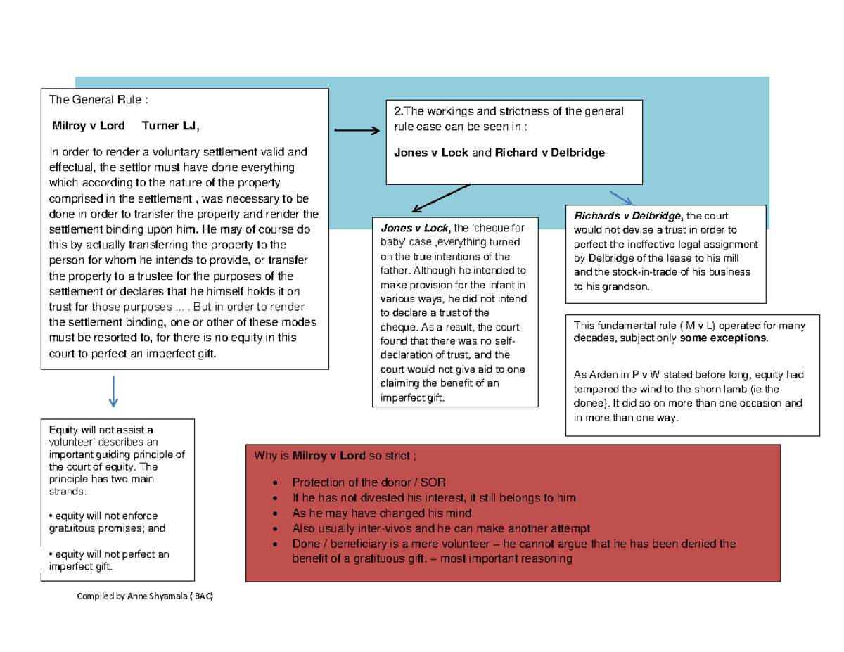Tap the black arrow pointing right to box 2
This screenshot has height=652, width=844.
(x=357, y=131)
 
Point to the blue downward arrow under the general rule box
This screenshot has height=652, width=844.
(x=113, y=391)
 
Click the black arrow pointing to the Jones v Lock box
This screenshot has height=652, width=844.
(x=440, y=198)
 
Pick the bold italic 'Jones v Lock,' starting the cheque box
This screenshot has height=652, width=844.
(x=414, y=228)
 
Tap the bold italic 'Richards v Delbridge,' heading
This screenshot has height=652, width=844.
(x=629, y=216)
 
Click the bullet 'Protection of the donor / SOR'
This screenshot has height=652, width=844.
(x=369, y=482)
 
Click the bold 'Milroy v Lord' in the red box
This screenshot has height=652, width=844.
(x=328, y=456)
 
